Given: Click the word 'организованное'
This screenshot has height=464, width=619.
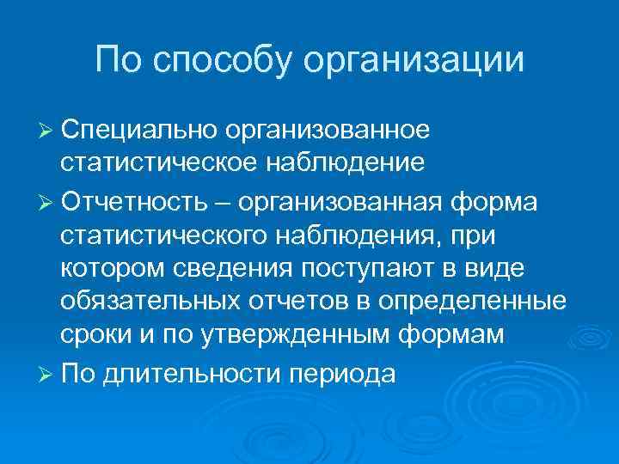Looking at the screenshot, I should point(328,130).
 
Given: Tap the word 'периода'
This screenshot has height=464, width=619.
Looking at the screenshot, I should point(344,374).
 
